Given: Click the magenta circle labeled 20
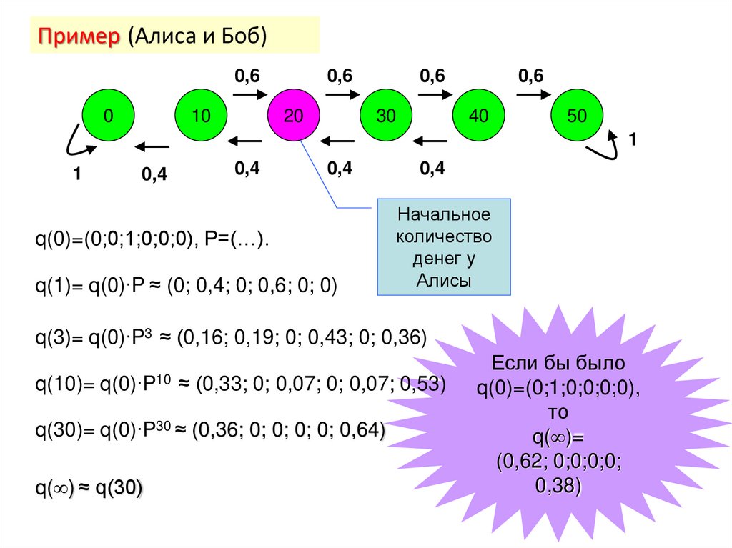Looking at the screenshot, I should coord(293,115).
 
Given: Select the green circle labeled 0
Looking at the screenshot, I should coord(108,115).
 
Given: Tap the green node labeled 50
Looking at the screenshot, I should coord(576,115).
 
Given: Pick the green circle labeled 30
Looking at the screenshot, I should coord(386,115).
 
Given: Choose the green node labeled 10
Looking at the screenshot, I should coord(201,115).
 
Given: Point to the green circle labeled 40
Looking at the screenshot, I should coord(479,115).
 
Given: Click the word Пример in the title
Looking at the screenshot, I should coord(79,36).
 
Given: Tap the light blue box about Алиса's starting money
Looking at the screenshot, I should coord(444,247).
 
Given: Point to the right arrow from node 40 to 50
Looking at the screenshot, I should coord(532,94).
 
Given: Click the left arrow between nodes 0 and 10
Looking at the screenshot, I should coord(152,147).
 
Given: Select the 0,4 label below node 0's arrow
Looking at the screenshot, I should coord(154,174).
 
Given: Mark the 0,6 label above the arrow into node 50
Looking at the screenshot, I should coord(531,75).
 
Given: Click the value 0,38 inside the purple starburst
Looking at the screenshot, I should coord(558,487).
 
